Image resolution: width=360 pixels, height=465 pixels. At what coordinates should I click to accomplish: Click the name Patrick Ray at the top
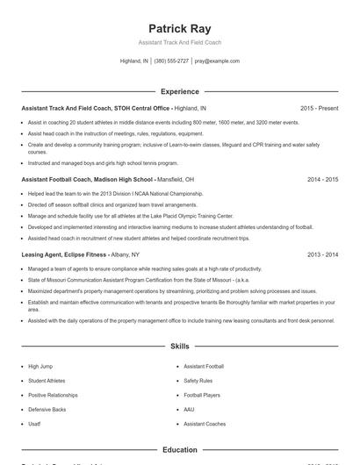click(x=180, y=28)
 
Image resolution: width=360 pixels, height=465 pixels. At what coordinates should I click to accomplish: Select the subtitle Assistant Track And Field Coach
click(x=180, y=42)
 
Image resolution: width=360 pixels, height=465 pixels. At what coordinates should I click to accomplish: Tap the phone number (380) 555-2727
click(x=171, y=61)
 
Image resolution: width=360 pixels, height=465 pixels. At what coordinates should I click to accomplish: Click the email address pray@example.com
click(x=217, y=61)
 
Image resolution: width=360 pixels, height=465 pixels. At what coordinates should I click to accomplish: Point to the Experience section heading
click(x=180, y=91)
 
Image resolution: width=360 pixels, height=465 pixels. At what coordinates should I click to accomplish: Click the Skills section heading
click(x=180, y=347)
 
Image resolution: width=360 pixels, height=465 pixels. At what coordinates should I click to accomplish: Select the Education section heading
click(x=180, y=449)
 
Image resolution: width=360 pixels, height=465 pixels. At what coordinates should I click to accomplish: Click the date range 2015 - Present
click(x=319, y=108)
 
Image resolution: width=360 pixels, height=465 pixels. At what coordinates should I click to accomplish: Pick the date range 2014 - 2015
click(x=322, y=179)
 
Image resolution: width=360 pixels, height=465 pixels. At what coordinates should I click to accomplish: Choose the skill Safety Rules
click(x=198, y=381)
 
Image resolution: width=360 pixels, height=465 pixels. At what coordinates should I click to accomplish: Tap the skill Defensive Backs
click(x=47, y=409)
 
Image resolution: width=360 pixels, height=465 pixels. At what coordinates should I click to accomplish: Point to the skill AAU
click(x=189, y=409)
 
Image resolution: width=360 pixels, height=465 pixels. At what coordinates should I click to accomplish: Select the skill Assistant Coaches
click(x=205, y=424)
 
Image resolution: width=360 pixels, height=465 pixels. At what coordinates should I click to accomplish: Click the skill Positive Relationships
click(x=53, y=395)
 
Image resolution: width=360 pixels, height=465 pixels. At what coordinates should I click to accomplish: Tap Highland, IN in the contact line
click(x=134, y=61)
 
